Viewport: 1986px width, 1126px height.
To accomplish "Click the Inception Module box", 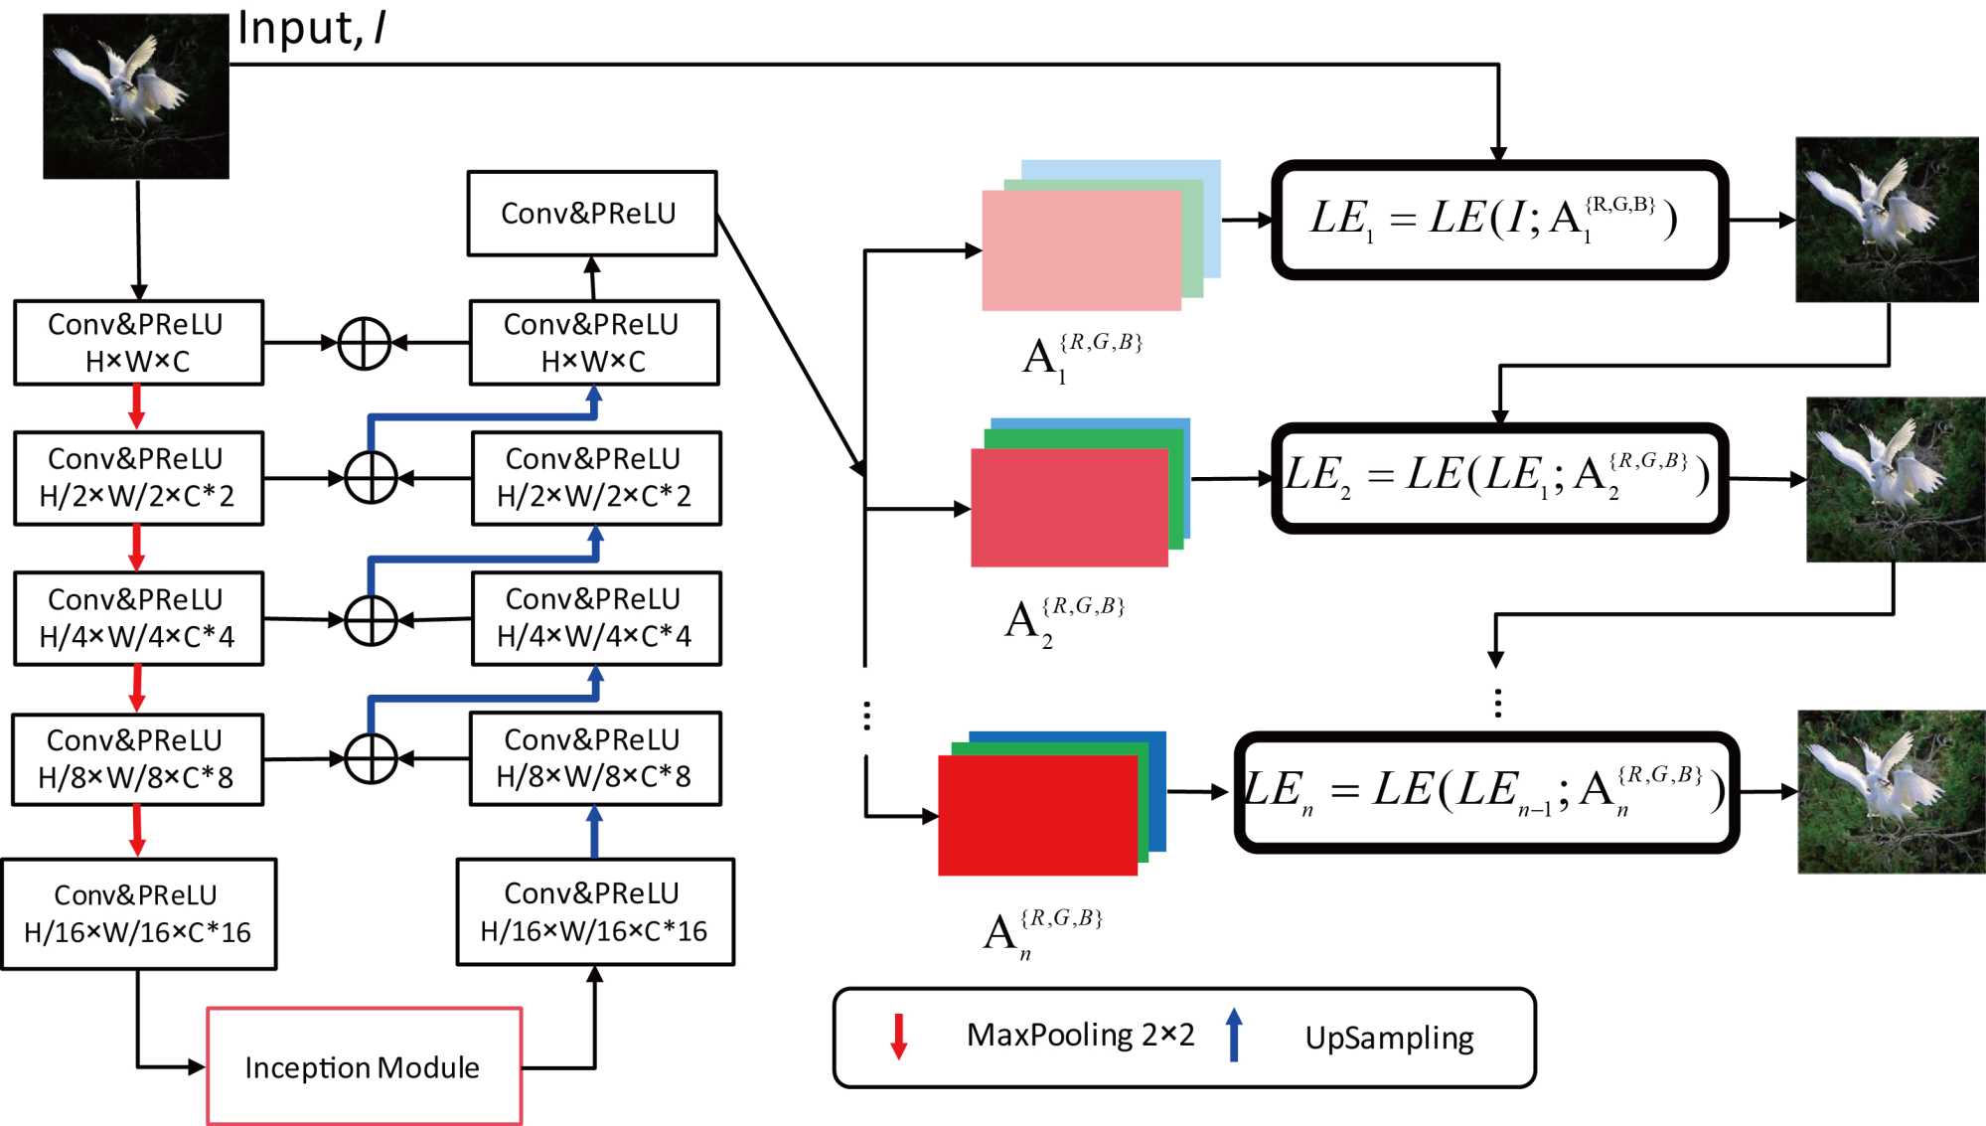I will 364,1066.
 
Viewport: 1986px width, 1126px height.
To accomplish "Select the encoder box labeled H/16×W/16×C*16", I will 138,913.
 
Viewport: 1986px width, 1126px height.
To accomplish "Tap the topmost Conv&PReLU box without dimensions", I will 591,214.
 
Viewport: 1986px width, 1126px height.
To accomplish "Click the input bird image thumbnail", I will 136,96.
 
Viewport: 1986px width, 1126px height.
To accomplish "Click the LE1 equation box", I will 1499,220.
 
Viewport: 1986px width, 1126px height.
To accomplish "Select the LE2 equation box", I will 1499,477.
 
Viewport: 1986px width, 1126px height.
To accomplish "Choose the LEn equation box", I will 1486,792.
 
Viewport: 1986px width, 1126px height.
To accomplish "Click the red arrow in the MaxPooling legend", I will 898,1036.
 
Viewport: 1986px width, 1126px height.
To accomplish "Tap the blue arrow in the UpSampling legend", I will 1233,1036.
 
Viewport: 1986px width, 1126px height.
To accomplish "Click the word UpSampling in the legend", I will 1389,1038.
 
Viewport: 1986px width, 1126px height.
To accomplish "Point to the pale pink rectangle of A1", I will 1081,250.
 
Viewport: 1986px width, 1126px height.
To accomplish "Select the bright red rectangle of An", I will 1037,815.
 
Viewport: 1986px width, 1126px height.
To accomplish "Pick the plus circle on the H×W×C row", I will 365,344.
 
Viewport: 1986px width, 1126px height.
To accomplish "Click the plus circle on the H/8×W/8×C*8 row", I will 371,759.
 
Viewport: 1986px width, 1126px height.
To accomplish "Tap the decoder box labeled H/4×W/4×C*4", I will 595,618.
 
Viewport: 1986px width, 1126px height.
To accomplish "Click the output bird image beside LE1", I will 1887,220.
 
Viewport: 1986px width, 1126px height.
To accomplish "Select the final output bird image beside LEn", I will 1891,792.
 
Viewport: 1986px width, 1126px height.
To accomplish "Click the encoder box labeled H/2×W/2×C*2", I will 138,478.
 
